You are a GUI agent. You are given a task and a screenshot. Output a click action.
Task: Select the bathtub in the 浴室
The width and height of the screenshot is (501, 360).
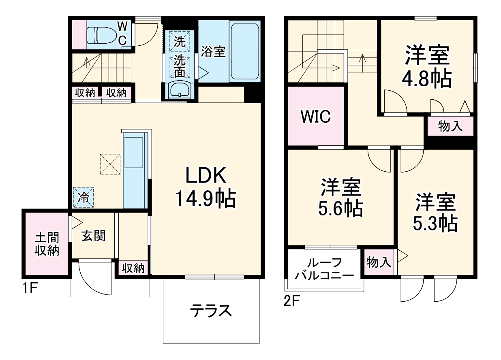point(245,52)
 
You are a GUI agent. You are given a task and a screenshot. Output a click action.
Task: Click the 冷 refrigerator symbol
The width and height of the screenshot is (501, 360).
point(83,197)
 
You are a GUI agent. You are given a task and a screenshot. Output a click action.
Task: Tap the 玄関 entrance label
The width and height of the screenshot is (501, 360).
point(94,236)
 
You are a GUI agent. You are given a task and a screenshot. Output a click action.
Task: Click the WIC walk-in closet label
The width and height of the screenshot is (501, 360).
point(316,117)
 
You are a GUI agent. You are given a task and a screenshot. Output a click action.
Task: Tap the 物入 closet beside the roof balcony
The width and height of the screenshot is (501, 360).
point(379,262)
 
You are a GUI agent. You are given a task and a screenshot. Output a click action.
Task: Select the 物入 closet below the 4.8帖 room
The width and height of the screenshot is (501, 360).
point(450,126)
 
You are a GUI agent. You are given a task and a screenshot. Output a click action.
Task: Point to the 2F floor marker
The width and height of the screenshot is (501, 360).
point(291,301)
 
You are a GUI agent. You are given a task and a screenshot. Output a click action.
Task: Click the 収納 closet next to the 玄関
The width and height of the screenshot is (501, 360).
point(133,268)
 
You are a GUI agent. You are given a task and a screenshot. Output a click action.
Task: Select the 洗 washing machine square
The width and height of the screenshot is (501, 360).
point(179,41)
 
